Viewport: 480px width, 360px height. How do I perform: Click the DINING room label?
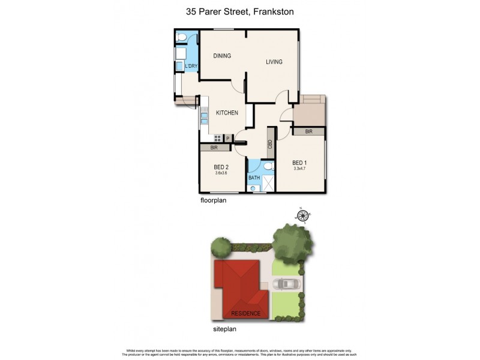click(222, 56)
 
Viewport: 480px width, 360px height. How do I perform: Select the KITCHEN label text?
click(227, 113)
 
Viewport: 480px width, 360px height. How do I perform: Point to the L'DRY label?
click(191, 66)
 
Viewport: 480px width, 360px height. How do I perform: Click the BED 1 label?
click(300, 163)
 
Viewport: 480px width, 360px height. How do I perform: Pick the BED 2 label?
click(221, 167)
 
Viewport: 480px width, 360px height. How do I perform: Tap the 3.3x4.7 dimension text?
click(300, 169)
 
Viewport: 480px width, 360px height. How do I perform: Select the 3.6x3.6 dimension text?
click(221, 173)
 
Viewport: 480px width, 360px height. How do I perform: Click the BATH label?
click(254, 178)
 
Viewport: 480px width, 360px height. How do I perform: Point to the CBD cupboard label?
click(271, 144)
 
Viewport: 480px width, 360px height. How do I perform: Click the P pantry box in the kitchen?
click(227, 138)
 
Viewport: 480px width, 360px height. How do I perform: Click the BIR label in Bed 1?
click(308, 131)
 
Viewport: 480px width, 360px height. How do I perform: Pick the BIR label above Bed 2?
click(213, 148)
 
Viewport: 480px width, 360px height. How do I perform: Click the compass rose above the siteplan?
click(303, 215)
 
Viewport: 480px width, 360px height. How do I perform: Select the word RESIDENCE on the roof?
click(245, 313)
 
